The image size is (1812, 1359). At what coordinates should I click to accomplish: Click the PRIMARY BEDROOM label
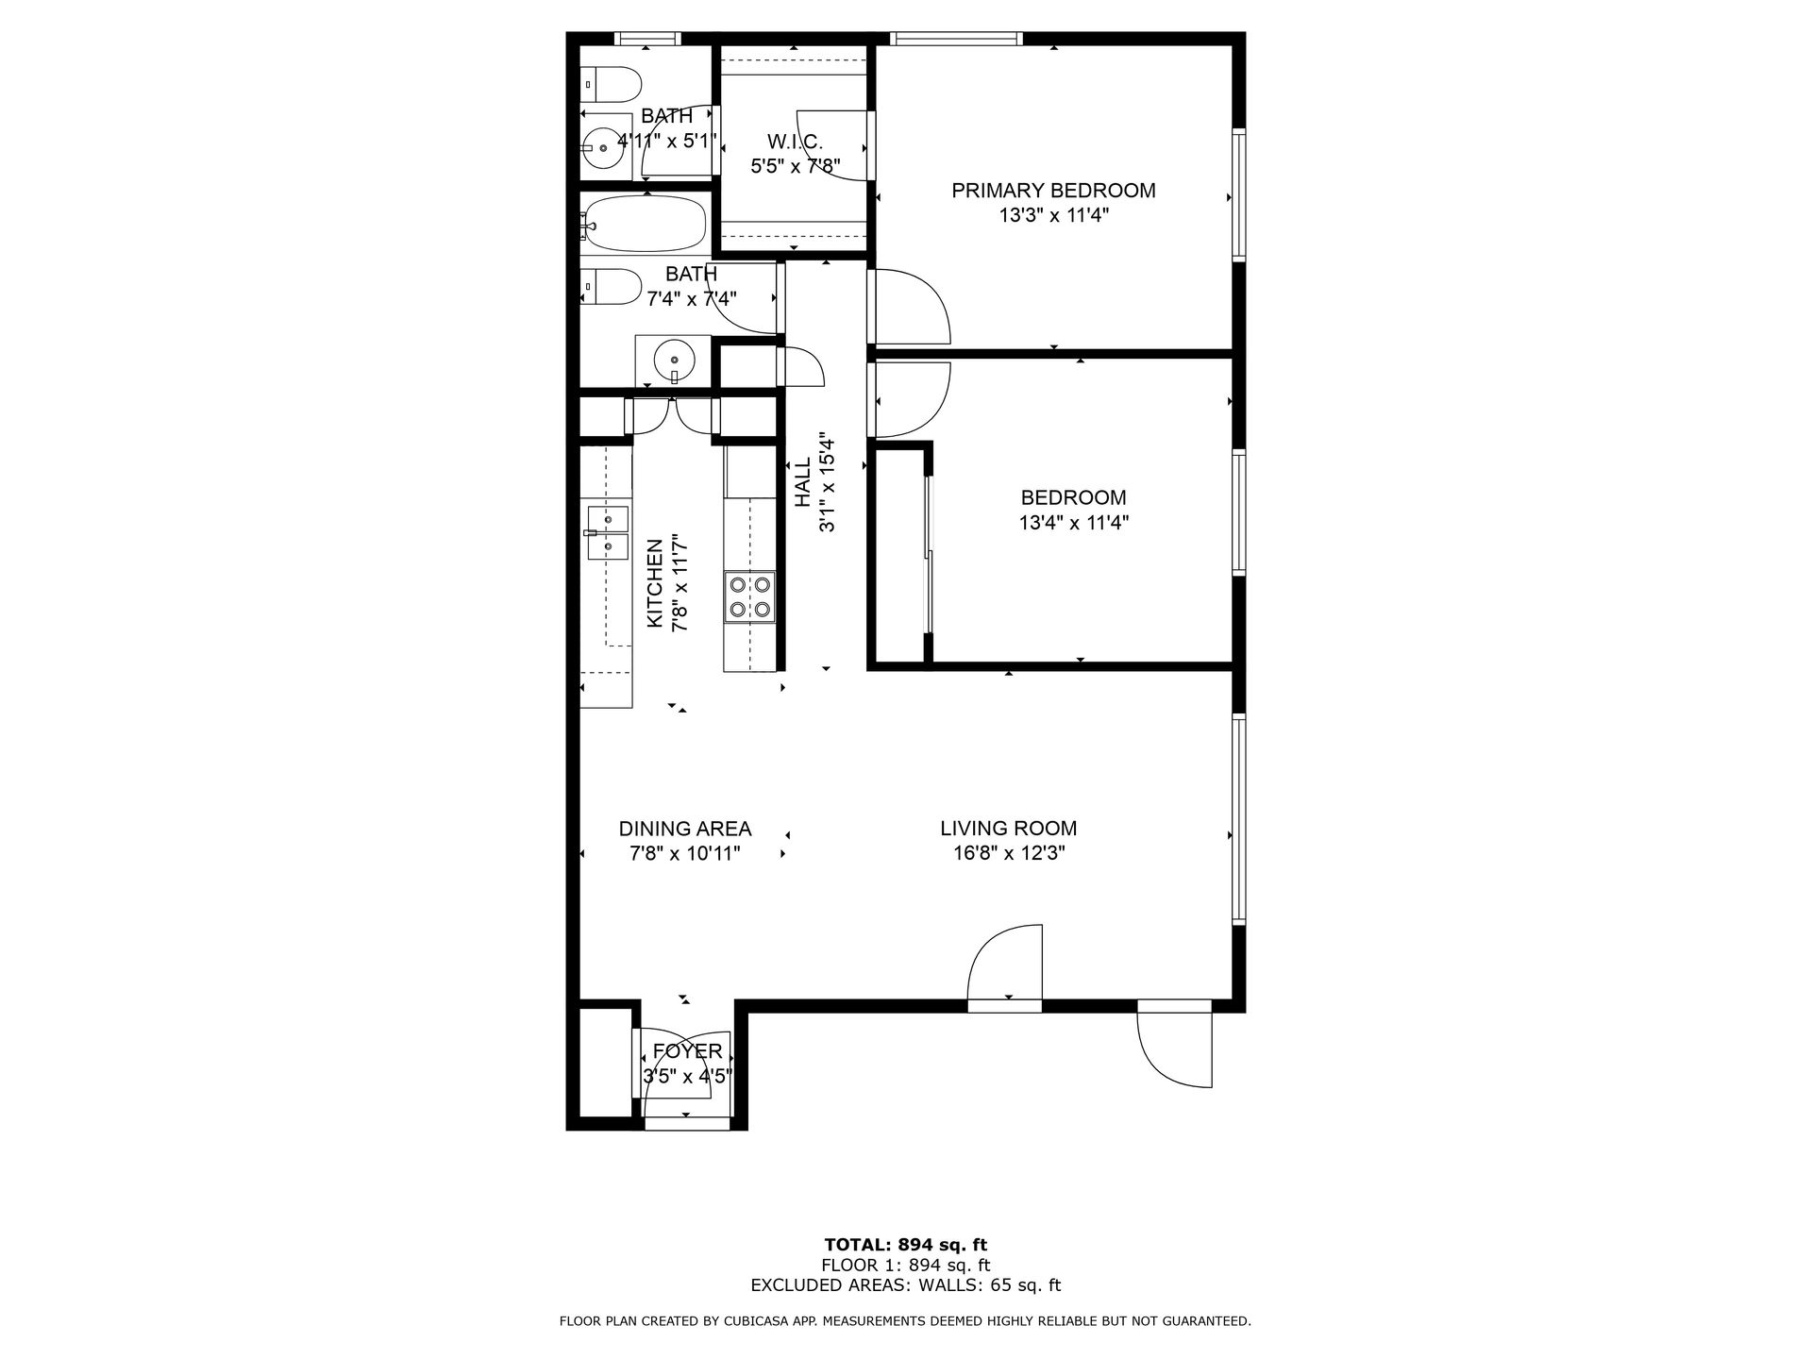click(1053, 191)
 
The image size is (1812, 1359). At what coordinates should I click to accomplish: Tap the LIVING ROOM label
click(1008, 829)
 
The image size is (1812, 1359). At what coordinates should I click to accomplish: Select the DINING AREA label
click(685, 829)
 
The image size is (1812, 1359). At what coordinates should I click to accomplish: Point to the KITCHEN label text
click(654, 584)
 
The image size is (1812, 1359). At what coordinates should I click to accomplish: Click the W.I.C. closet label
click(795, 143)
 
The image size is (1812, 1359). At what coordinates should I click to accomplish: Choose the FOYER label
click(687, 1051)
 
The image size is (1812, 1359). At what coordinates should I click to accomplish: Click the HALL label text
click(802, 483)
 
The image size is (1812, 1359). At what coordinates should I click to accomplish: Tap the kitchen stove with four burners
click(750, 597)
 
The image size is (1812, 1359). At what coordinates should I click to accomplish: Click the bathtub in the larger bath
click(643, 224)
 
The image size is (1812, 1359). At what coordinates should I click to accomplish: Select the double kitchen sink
click(606, 533)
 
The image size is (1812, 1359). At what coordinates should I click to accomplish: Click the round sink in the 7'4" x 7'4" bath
click(673, 360)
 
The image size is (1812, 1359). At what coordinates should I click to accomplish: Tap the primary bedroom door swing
click(909, 307)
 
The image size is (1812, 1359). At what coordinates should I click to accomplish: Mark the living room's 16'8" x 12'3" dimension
click(1009, 853)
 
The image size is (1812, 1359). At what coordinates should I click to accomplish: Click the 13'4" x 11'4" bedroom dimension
click(1074, 522)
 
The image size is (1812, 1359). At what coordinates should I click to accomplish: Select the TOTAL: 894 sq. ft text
click(906, 1245)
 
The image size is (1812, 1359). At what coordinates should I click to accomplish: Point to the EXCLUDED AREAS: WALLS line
click(906, 1284)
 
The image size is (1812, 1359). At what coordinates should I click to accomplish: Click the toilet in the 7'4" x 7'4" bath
click(611, 286)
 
